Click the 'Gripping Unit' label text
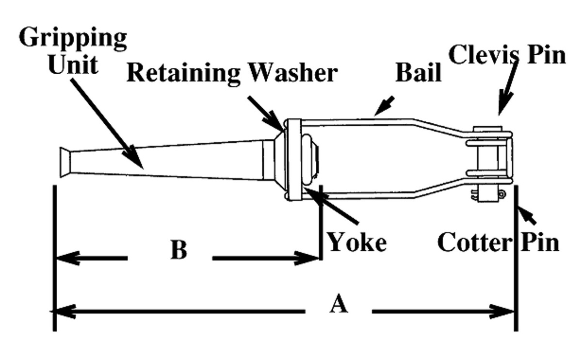point(73,51)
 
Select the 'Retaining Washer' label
point(232,73)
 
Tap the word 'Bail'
point(419,73)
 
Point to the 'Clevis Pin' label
point(507,55)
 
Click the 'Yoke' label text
point(357,242)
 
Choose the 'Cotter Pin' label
point(498,242)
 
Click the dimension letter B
point(178,251)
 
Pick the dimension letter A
point(338,305)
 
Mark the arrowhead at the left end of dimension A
point(65,311)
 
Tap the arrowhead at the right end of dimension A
point(504,311)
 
